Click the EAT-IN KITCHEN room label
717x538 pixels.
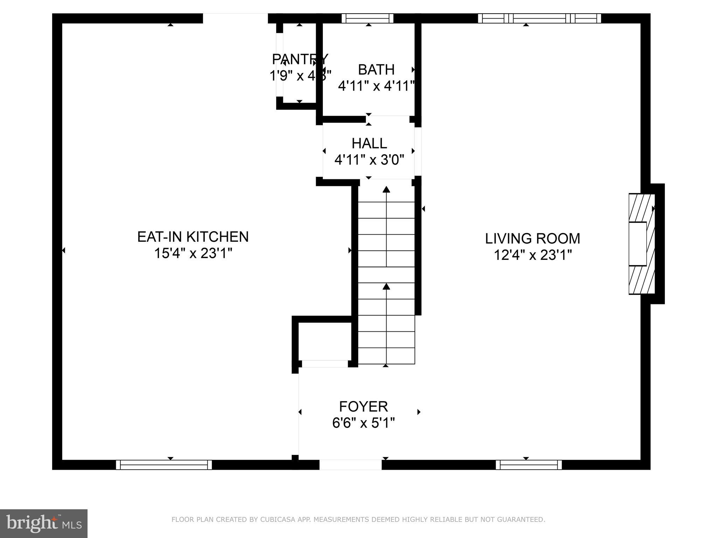193,237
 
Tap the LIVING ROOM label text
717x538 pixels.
532,239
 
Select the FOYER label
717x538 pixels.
363,407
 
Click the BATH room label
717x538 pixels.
376,70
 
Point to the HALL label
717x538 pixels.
369,143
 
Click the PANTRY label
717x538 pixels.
300,59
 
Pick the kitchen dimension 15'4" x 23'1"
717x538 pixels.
193,253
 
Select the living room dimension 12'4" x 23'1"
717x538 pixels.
532,255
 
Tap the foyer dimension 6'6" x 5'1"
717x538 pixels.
363,423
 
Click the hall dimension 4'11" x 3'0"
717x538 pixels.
369,160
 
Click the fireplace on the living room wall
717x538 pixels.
641,244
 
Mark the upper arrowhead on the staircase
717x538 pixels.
386,189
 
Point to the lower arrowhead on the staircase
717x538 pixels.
386,287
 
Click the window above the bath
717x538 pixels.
367,18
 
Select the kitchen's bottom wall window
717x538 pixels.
164,465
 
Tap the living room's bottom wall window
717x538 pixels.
529,465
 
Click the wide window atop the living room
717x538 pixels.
539,18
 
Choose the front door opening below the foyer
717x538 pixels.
350,464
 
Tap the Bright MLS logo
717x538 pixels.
44,523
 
